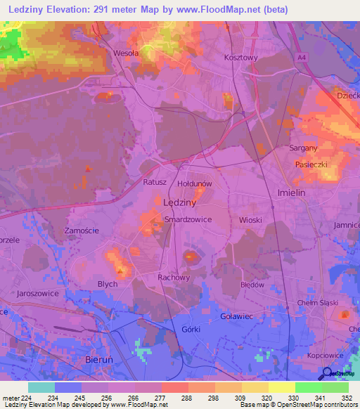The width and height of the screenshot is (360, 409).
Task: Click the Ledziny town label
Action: click(x=179, y=202)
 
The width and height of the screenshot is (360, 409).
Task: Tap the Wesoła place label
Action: click(x=126, y=53)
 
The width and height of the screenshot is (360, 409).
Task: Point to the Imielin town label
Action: click(x=289, y=193)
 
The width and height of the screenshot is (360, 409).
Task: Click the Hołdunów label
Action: click(x=195, y=183)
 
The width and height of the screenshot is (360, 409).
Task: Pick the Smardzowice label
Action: click(x=188, y=219)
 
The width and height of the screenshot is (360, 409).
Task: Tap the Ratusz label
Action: click(x=155, y=182)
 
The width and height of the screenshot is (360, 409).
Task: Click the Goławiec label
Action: click(x=236, y=316)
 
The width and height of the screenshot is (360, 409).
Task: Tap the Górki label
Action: click(x=191, y=329)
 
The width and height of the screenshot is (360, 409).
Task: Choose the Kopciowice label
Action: click(x=325, y=356)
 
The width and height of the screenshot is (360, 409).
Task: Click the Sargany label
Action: click(x=304, y=148)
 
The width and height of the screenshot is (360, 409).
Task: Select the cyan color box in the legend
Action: click(x=41, y=387)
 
